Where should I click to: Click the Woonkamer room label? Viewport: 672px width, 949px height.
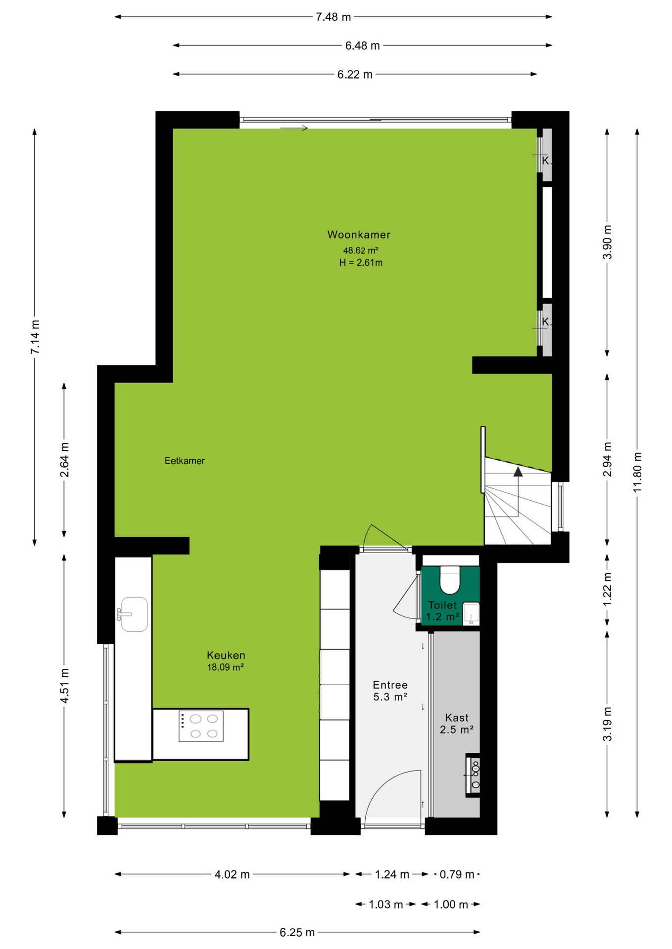(x=359, y=235)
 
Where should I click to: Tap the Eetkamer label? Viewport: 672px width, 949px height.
(x=185, y=461)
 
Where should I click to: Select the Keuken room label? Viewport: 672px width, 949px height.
(x=226, y=655)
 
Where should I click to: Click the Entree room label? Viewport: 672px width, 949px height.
(x=390, y=685)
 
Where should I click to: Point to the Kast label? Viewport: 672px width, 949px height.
(x=457, y=718)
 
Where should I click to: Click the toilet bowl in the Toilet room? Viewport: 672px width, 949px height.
(x=450, y=580)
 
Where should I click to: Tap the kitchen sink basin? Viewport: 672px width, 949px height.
(x=134, y=614)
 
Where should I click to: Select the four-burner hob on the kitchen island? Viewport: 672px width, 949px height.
(x=201, y=726)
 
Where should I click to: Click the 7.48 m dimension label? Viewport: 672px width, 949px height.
(x=334, y=17)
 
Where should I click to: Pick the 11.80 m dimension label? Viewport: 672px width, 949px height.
(x=637, y=472)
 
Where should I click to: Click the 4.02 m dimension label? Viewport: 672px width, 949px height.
(x=232, y=874)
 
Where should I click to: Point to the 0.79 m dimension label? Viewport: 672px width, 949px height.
(x=457, y=874)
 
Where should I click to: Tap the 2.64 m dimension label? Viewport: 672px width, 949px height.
(x=64, y=460)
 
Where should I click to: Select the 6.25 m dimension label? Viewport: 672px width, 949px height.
(x=297, y=932)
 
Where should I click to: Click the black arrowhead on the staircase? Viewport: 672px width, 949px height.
(x=518, y=472)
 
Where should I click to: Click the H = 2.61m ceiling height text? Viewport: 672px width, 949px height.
(x=361, y=263)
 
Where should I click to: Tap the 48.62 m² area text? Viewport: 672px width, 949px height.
(x=361, y=251)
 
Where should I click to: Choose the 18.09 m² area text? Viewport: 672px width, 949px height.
(x=225, y=667)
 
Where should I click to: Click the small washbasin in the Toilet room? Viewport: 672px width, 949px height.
(x=471, y=614)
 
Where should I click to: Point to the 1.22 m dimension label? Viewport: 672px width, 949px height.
(x=607, y=589)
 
